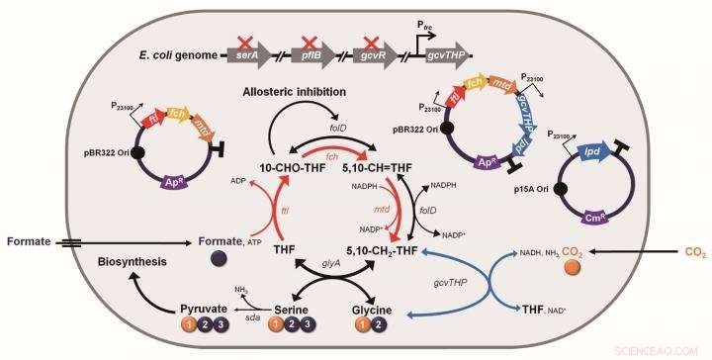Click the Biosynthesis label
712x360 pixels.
139,265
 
